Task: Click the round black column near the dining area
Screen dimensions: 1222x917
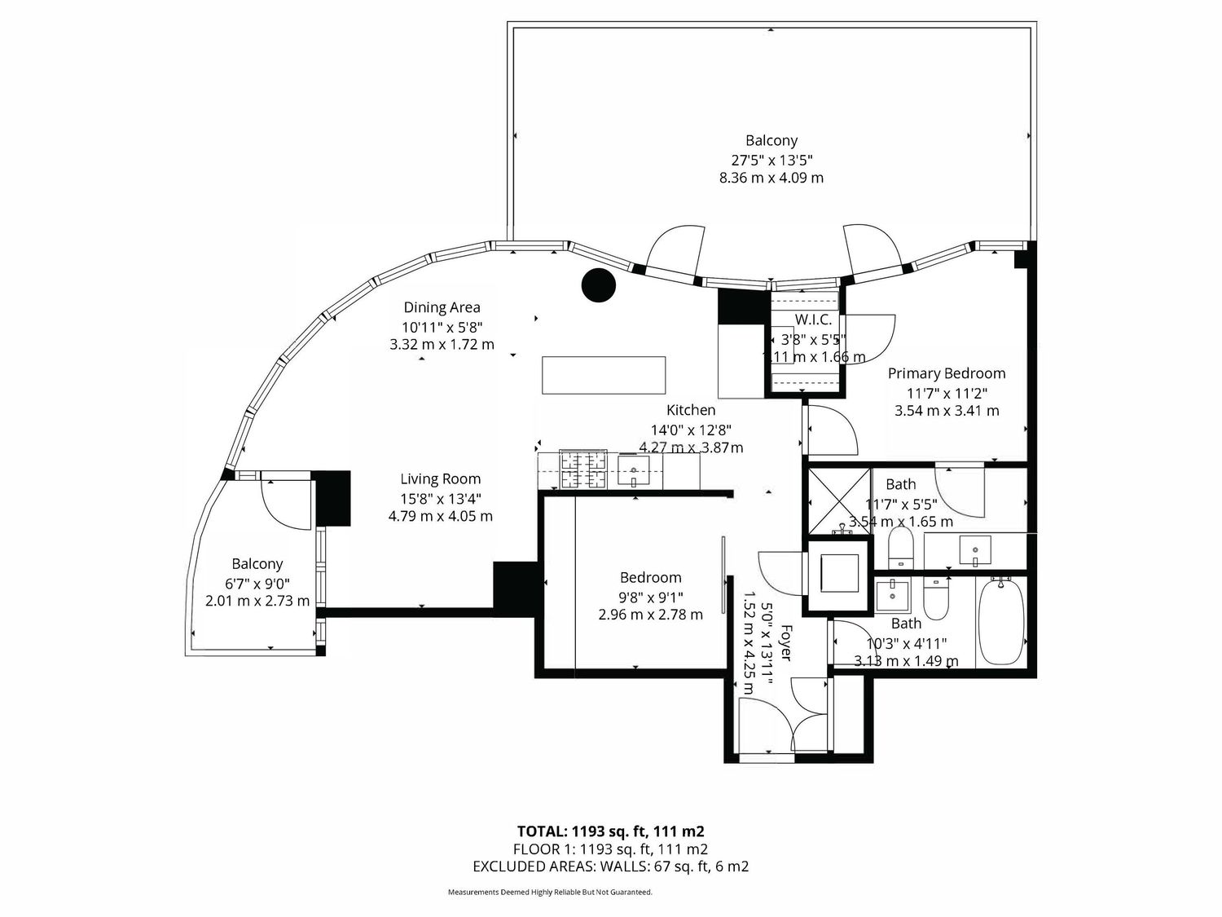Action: pyautogui.click(x=599, y=285)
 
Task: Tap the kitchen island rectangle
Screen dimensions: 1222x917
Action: pyautogui.click(x=604, y=375)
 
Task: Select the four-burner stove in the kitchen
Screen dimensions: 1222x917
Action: pyautogui.click(x=582, y=470)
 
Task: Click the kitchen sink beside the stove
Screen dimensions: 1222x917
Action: pyautogui.click(x=634, y=472)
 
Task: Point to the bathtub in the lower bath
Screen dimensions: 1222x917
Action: pyautogui.click(x=1000, y=621)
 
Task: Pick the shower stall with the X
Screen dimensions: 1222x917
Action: pyautogui.click(x=839, y=500)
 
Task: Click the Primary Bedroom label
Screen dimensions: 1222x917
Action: pyautogui.click(x=947, y=373)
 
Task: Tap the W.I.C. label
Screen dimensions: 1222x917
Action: pyautogui.click(x=813, y=320)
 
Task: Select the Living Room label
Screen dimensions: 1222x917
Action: pyautogui.click(x=441, y=478)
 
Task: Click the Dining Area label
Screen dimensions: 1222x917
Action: pyautogui.click(x=442, y=307)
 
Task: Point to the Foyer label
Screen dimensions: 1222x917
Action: pyautogui.click(x=785, y=642)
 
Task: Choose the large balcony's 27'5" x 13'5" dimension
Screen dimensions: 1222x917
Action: pyautogui.click(x=771, y=161)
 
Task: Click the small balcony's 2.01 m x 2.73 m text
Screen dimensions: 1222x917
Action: pyautogui.click(x=257, y=602)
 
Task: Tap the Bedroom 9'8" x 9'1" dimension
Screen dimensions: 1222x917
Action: pyautogui.click(x=651, y=597)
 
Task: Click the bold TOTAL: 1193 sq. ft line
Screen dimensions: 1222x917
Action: pyautogui.click(x=611, y=831)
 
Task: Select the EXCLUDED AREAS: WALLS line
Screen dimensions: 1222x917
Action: pyautogui.click(x=611, y=866)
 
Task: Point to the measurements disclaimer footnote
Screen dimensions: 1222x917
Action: pyautogui.click(x=550, y=892)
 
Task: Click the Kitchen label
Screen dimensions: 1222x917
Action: pyautogui.click(x=691, y=410)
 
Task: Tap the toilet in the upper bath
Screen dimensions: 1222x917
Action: pyautogui.click(x=900, y=548)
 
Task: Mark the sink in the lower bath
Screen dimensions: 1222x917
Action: pyautogui.click(x=892, y=596)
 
